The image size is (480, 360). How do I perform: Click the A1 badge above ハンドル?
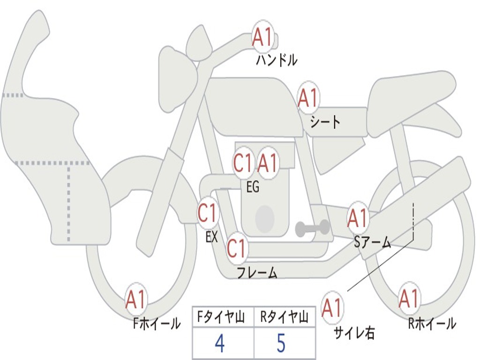(262, 37)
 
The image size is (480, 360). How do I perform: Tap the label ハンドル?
(277, 60)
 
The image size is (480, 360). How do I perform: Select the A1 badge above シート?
(308, 98)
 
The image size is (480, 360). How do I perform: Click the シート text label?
(325, 122)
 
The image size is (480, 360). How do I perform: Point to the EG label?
(253, 187)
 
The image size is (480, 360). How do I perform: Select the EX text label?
(211, 236)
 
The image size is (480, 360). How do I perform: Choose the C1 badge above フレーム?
(237, 248)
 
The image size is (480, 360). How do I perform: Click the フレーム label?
(257, 273)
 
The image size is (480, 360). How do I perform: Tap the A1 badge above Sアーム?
(358, 218)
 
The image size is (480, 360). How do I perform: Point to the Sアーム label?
(373, 242)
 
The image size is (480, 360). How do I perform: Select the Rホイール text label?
(432, 323)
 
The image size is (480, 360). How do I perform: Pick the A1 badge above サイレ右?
(332, 307)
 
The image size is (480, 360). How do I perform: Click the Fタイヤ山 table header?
(221, 317)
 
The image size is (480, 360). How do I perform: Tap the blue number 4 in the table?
(220, 344)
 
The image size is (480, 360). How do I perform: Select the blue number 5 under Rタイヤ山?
(281, 343)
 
